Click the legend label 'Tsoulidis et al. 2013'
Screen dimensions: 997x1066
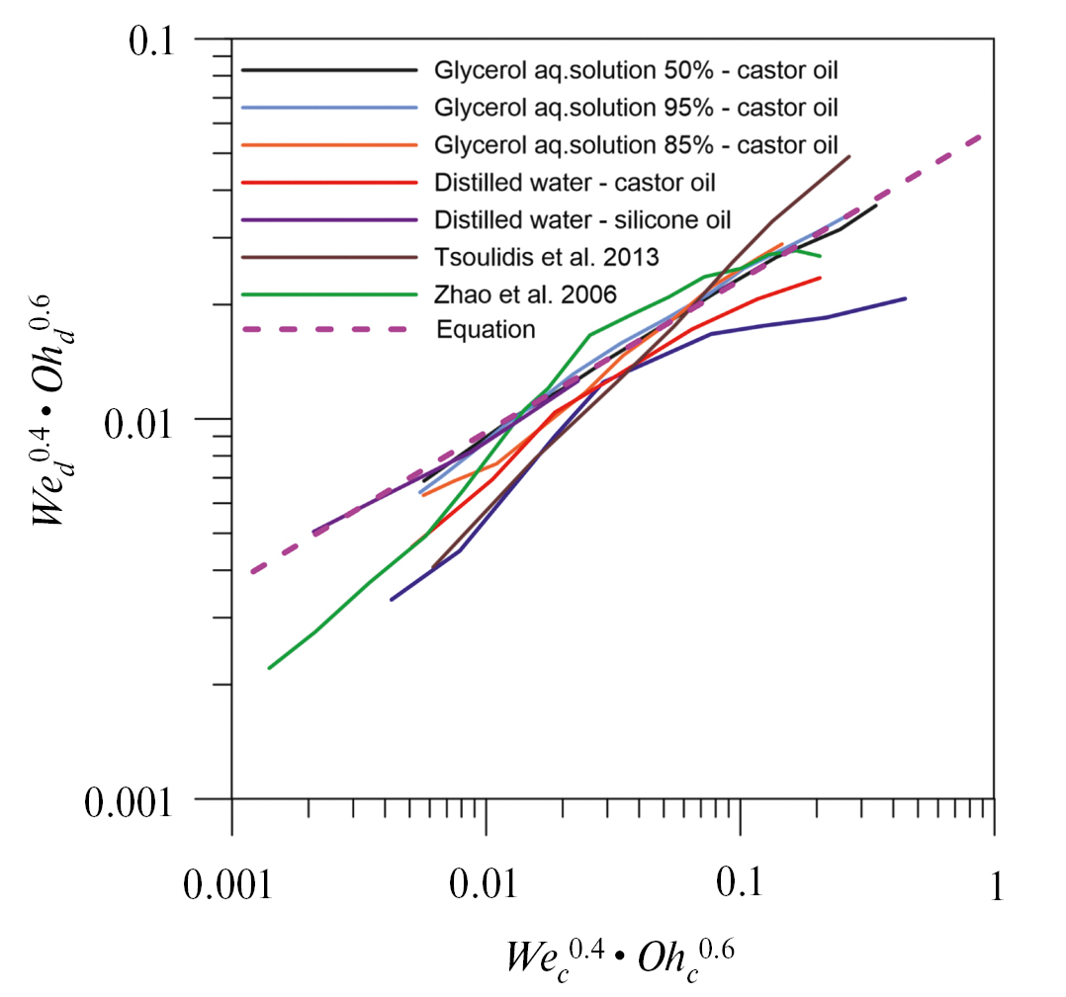(546, 256)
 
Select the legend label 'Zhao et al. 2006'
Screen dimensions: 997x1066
(525, 292)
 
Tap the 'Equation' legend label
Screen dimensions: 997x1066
(486, 329)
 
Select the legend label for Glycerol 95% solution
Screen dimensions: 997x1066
(642, 107)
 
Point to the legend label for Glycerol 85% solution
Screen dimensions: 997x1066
(642, 144)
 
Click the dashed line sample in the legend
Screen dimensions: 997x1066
(326, 329)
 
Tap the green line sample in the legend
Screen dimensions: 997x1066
(326, 292)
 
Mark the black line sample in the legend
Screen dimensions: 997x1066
(326, 70)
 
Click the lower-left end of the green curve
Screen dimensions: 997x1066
(269, 668)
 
